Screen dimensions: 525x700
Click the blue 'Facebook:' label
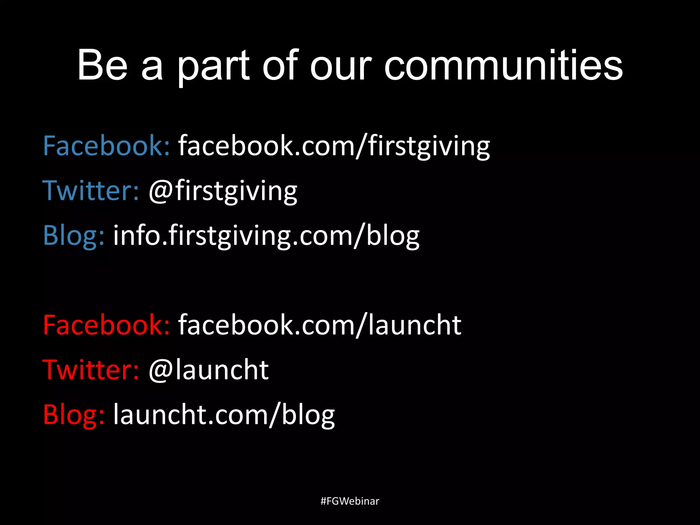[106, 146]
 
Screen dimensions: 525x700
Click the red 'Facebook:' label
[106, 325]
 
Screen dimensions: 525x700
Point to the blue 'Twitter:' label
[91, 191]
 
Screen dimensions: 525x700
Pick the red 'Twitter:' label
[91, 370]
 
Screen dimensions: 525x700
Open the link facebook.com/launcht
[320, 325]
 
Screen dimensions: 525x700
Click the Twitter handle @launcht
[208, 370]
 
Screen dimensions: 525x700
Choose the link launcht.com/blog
[224, 415]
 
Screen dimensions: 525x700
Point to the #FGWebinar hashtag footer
[350, 501]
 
